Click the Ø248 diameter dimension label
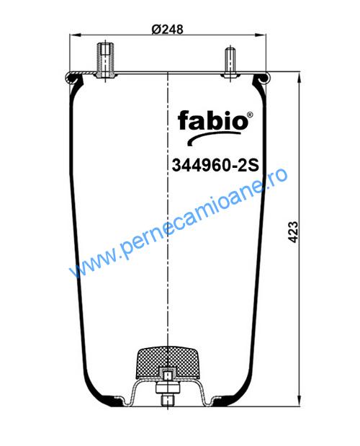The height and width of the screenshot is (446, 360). (167, 30)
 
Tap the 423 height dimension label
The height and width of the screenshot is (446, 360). (293, 232)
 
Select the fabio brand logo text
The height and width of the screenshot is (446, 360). (212, 120)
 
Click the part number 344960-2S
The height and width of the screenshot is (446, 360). (215, 165)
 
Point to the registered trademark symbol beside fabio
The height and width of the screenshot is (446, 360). (250, 115)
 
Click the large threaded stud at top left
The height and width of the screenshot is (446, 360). (105, 60)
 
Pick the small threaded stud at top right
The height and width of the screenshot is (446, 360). (230, 63)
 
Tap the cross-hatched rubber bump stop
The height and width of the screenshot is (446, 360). (168, 363)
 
